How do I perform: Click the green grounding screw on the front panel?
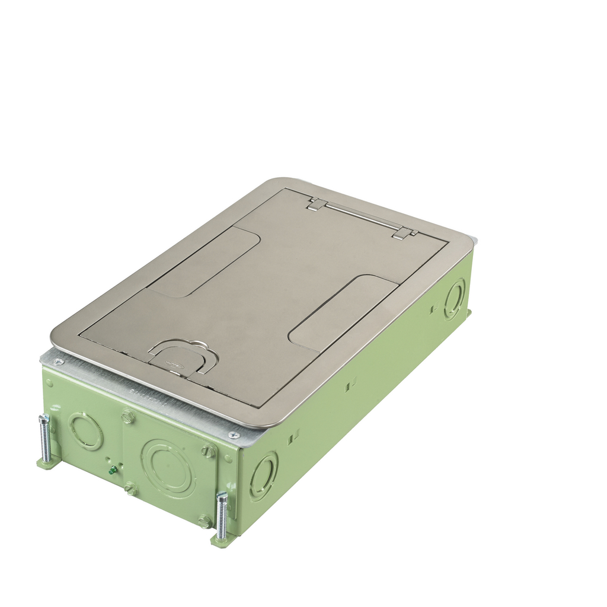click(x=112, y=471)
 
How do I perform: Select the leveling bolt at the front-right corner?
click(x=222, y=515)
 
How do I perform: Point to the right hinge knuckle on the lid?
click(x=401, y=232)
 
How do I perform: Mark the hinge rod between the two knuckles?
click(x=359, y=218)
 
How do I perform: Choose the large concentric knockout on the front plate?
click(x=168, y=468)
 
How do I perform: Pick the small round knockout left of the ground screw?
click(x=85, y=430)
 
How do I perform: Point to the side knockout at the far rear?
click(x=455, y=299)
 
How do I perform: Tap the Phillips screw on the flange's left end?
click(x=58, y=362)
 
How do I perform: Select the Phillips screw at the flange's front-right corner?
click(x=235, y=435)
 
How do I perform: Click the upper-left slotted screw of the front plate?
click(x=128, y=416)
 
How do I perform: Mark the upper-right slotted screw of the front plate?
click(x=207, y=451)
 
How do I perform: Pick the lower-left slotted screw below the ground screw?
click(x=130, y=489)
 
